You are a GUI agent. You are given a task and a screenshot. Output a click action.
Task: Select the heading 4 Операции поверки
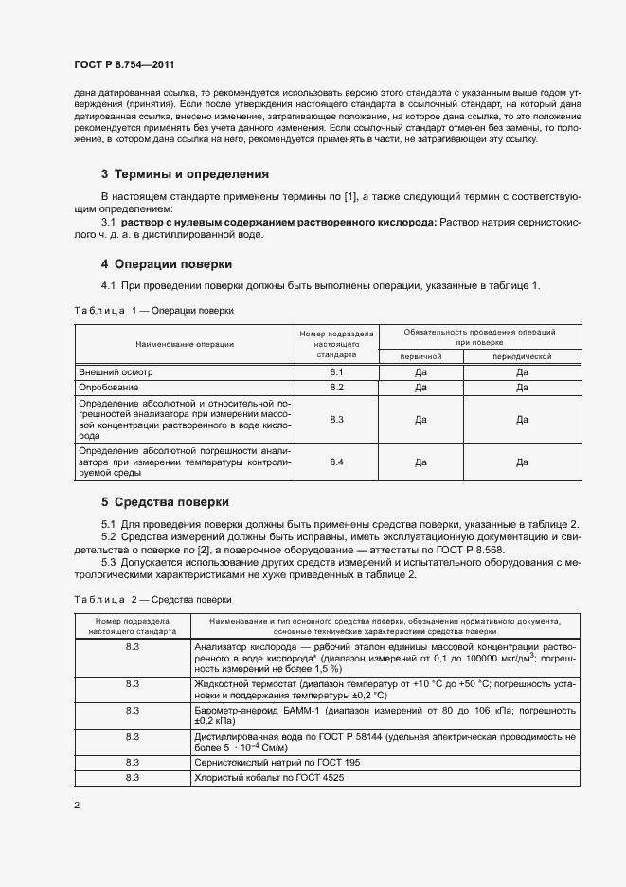coord(166,263)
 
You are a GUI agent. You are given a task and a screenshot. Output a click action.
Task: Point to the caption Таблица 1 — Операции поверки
coord(152,310)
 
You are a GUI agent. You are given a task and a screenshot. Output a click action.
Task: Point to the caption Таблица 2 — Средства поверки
coord(152,599)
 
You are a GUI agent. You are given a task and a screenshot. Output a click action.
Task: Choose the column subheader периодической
coord(522,356)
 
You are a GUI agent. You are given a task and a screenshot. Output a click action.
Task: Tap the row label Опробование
coord(109,388)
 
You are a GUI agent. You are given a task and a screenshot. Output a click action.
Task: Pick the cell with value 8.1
coord(336,373)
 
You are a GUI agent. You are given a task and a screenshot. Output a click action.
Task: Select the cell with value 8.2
coord(336,388)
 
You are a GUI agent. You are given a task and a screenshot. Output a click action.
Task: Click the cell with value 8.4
coord(336,462)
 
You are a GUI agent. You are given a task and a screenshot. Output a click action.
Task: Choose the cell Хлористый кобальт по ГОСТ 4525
coord(266,777)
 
